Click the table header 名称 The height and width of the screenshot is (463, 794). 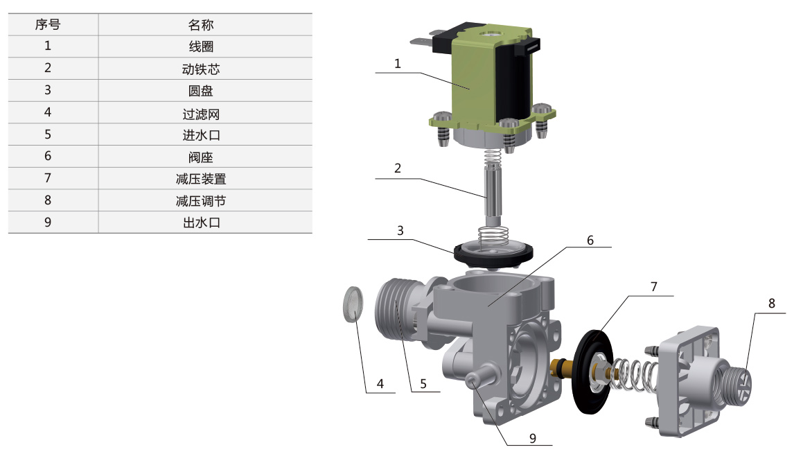[200, 25]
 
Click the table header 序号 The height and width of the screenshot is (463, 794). [48, 24]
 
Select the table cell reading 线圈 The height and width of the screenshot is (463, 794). [200, 46]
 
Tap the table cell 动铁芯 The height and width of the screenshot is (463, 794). [200, 69]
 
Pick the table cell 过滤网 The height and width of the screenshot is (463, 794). [200, 114]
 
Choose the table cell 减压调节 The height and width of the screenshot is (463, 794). [200, 201]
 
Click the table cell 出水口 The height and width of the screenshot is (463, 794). [200, 223]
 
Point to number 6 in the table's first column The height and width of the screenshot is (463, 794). [48, 156]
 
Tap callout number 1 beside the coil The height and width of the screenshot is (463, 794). [398, 64]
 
